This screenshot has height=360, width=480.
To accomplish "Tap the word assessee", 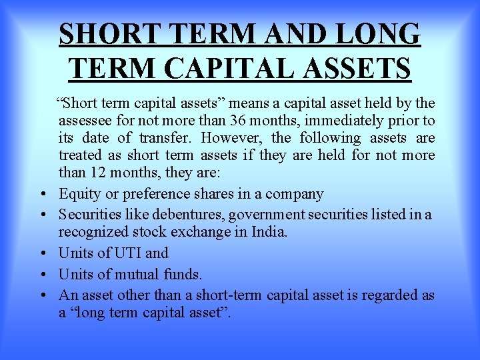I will [85, 121].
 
